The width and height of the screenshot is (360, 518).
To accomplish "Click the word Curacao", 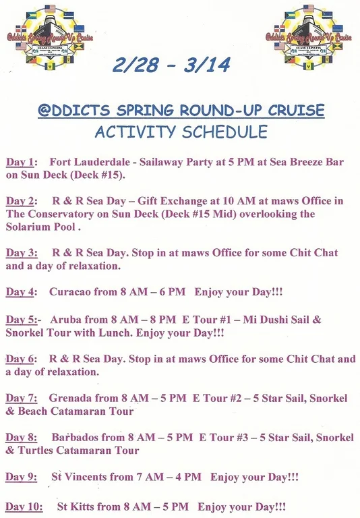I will tap(72, 292).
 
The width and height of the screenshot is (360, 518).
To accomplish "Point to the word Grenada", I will tap(74, 397).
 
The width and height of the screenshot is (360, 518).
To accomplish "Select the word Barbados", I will tap(78, 437).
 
